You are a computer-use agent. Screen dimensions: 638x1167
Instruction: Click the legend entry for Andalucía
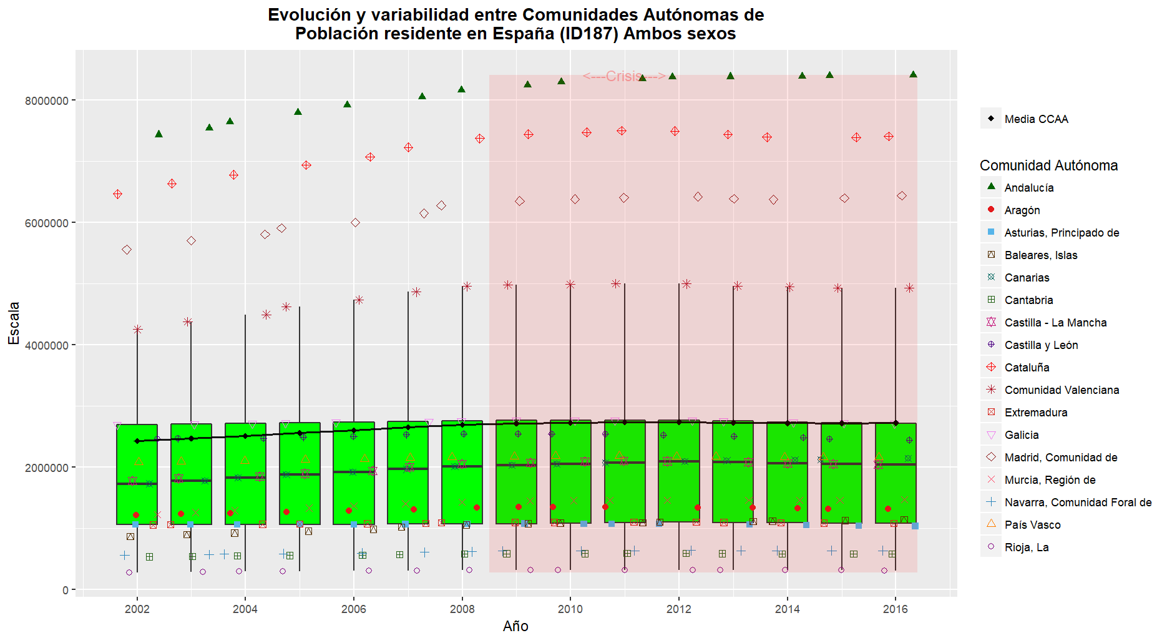(1028, 188)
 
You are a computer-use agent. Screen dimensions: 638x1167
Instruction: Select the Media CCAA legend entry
(1036, 119)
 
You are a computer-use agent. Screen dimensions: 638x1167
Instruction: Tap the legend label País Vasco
(1032, 525)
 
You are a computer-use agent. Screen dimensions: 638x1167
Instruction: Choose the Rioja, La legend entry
(1026, 547)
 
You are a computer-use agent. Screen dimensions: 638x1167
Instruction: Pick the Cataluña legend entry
(1027, 368)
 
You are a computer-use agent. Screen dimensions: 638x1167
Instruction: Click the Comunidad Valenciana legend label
(1062, 390)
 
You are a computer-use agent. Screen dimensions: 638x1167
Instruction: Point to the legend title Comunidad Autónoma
(1048, 165)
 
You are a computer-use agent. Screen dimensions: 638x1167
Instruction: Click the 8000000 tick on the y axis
(46, 101)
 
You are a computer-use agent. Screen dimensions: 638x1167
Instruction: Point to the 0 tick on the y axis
(65, 591)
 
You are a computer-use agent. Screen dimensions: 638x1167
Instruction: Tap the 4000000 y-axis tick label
(46, 346)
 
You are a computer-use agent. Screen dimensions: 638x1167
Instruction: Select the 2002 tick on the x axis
(137, 609)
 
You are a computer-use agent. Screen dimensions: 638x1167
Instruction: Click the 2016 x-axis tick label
(896, 609)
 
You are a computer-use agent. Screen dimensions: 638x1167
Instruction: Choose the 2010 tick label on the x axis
(570, 609)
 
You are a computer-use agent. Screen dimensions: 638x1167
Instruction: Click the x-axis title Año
(515, 626)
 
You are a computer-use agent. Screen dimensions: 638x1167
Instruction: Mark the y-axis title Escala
(14, 323)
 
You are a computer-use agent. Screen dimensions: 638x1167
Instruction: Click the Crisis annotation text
(624, 76)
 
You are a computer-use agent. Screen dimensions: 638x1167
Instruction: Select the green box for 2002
(137, 474)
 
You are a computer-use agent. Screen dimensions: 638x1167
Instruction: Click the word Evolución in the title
(309, 15)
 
